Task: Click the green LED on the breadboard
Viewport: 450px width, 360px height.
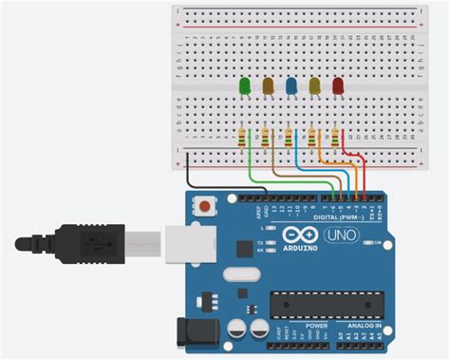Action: click(245, 87)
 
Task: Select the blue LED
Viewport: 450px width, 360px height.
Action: click(291, 87)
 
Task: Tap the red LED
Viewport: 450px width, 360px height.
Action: click(338, 87)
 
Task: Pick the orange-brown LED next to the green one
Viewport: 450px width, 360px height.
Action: click(268, 87)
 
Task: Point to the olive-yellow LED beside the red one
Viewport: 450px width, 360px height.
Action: click(314, 87)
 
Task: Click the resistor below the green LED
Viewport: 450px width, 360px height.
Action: click(244, 139)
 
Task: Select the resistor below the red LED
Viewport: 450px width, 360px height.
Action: click(337, 139)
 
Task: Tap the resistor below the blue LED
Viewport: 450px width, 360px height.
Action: click(291, 139)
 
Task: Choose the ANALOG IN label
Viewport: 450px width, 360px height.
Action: click(364, 326)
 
